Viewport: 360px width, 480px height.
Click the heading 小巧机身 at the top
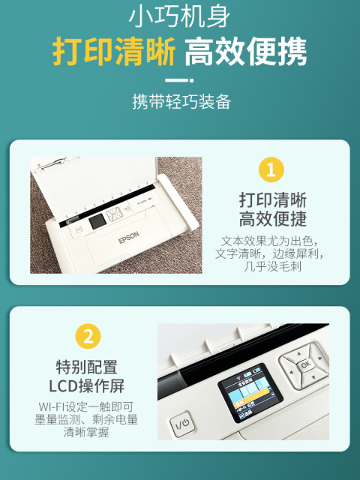pyautogui.click(x=180, y=17)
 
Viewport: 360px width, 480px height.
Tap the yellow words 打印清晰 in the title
pyautogui.click(x=114, y=51)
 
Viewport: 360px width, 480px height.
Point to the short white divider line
pyautogui.click(x=180, y=79)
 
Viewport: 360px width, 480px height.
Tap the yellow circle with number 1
pyautogui.click(x=272, y=169)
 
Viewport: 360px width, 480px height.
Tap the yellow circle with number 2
pyautogui.click(x=87, y=337)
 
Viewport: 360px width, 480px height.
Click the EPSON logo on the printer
pyautogui.click(x=129, y=239)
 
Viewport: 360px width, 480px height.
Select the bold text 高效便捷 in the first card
pyautogui.click(x=272, y=220)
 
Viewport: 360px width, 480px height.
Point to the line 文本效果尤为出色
pyautogui.click(x=272, y=241)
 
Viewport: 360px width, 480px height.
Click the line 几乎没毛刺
pyautogui.click(x=272, y=266)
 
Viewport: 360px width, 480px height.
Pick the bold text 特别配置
pyautogui.click(x=87, y=367)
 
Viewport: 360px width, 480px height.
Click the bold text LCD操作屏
pyautogui.click(x=87, y=387)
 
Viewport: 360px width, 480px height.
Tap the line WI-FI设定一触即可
pyautogui.click(x=87, y=407)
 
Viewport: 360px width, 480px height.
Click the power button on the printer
pyautogui.click(x=182, y=424)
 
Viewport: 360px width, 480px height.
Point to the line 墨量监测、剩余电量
pyautogui.click(x=87, y=420)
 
